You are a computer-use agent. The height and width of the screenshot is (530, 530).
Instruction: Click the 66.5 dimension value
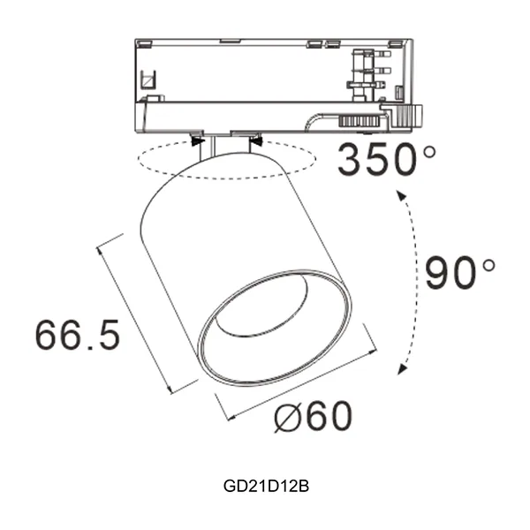(x=78, y=336)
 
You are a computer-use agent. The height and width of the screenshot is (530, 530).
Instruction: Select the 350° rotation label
(x=387, y=160)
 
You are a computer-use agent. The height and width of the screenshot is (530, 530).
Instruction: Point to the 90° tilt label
(x=459, y=273)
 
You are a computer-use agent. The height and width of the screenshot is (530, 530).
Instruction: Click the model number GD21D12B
(x=265, y=486)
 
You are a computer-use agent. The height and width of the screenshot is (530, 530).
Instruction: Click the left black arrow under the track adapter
(x=198, y=140)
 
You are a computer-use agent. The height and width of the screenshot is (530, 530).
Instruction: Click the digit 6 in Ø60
(x=319, y=416)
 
